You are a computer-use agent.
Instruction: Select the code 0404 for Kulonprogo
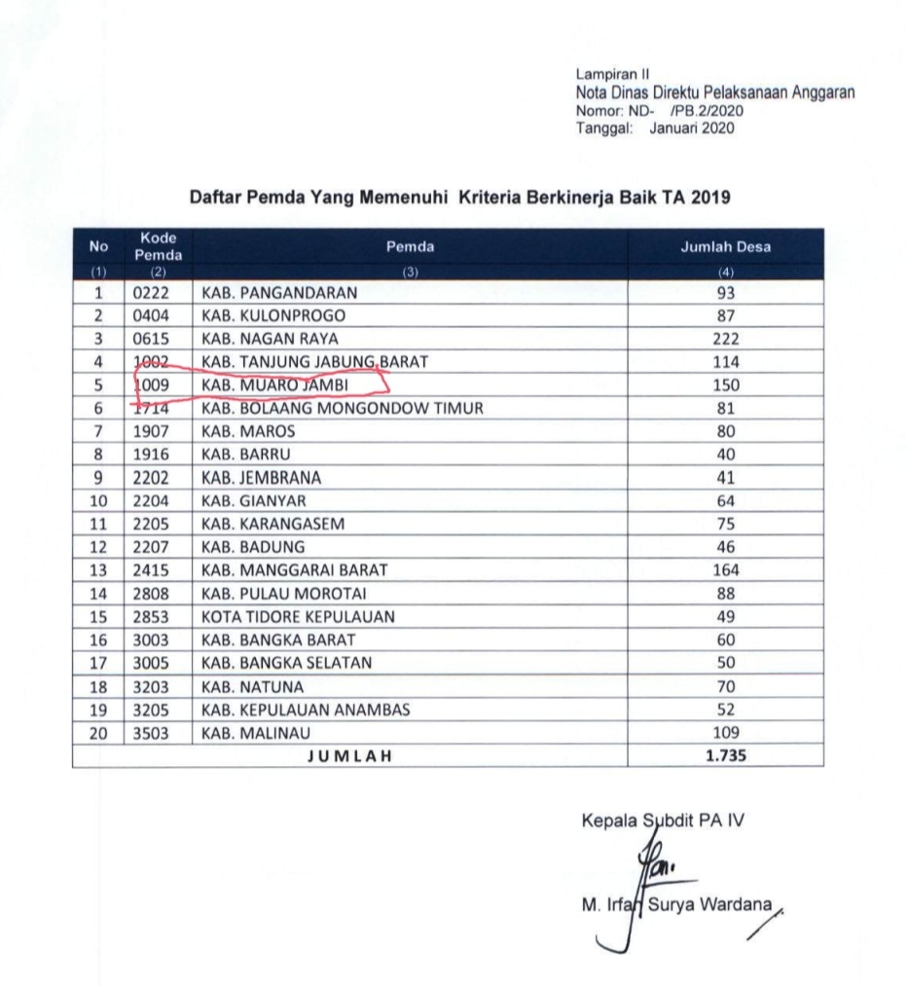(x=151, y=315)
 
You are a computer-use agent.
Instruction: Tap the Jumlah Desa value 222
(x=725, y=339)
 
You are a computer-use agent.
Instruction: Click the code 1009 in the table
(x=151, y=385)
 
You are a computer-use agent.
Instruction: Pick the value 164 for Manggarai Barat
(x=725, y=570)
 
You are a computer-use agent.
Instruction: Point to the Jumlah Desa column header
(x=725, y=247)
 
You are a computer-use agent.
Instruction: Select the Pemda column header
(x=410, y=247)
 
